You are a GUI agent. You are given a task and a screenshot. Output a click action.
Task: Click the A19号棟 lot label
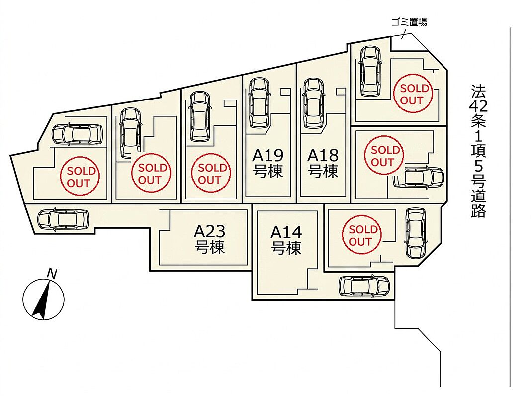click(x=268, y=164)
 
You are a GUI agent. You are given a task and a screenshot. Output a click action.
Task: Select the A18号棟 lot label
click(x=323, y=164)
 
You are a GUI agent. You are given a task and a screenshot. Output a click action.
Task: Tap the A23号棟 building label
click(x=210, y=239)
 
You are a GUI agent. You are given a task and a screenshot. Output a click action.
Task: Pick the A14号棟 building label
click(x=286, y=240)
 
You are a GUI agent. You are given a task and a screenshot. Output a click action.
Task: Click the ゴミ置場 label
click(x=409, y=22)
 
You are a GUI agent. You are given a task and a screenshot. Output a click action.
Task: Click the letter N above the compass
click(x=52, y=273)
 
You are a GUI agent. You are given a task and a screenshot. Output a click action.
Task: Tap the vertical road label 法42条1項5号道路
click(x=478, y=151)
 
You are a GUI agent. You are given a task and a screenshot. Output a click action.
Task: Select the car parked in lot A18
click(x=314, y=103)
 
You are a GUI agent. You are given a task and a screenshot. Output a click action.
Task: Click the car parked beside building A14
click(x=364, y=286)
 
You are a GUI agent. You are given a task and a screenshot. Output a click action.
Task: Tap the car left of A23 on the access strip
click(x=63, y=219)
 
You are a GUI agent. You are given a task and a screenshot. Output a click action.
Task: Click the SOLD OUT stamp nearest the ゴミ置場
click(x=412, y=94)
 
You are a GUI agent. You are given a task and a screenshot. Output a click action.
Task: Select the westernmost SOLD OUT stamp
click(x=80, y=176)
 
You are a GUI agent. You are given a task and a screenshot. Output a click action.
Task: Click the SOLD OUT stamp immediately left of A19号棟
click(x=211, y=173)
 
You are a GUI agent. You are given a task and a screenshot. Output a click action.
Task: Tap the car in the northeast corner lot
click(x=371, y=71)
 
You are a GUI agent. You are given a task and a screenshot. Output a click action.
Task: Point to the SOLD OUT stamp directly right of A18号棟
click(x=384, y=155)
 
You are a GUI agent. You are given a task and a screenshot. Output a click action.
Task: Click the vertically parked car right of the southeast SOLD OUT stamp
click(x=415, y=233)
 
